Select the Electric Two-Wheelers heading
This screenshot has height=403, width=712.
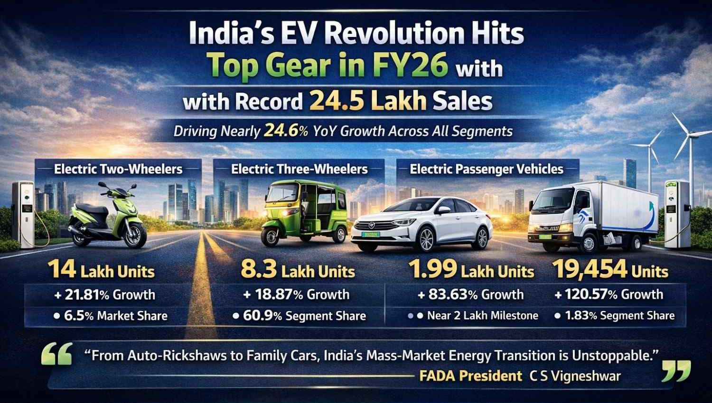(x=118, y=169)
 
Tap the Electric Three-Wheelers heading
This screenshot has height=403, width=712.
(x=300, y=169)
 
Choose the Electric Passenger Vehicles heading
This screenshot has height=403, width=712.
(x=487, y=169)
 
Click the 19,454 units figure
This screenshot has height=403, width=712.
(x=610, y=271)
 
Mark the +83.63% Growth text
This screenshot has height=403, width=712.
(x=470, y=294)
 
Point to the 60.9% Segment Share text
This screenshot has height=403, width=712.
(x=300, y=316)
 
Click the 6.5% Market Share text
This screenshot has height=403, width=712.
(x=111, y=316)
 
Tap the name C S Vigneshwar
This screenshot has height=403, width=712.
(x=575, y=376)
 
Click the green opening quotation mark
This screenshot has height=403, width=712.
(x=57, y=354)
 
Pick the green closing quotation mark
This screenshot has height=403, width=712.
(x=676, y=371)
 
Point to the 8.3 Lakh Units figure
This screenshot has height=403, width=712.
(x=298, y=271)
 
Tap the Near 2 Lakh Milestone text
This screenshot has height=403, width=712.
(x=477, y=316)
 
